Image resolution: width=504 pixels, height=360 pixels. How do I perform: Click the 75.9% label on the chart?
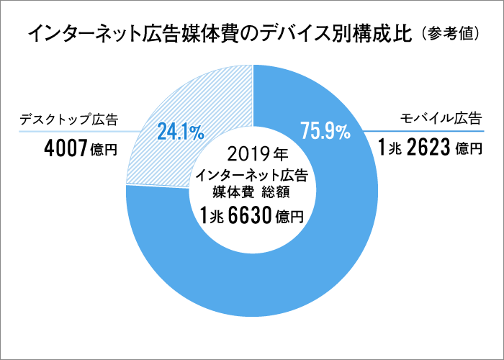click(325, 131)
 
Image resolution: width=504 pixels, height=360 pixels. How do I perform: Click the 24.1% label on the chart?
click(180, 131)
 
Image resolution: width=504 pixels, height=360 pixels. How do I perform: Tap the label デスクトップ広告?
click(69, 118)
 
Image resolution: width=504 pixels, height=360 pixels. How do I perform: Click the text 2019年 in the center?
click(251, 153)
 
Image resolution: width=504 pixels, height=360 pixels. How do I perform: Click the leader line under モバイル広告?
click(425, 131)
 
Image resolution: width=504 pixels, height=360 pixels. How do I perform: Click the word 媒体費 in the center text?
click(230, 192)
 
